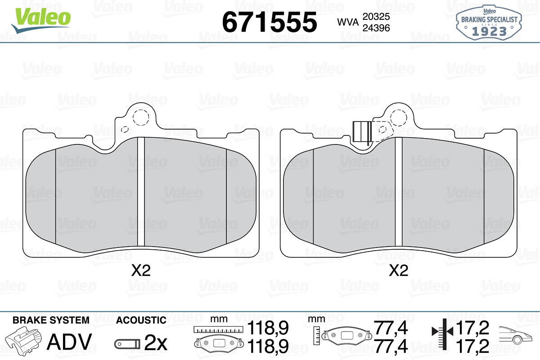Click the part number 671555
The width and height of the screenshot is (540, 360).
click(270, 22)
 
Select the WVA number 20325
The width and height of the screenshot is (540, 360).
click(376, 17)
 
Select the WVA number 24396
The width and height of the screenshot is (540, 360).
click(376, 28)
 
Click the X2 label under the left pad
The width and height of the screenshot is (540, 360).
click(141, 270)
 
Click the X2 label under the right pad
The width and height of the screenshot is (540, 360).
click(399, 270)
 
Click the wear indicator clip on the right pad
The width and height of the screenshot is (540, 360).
click(362, 132)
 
